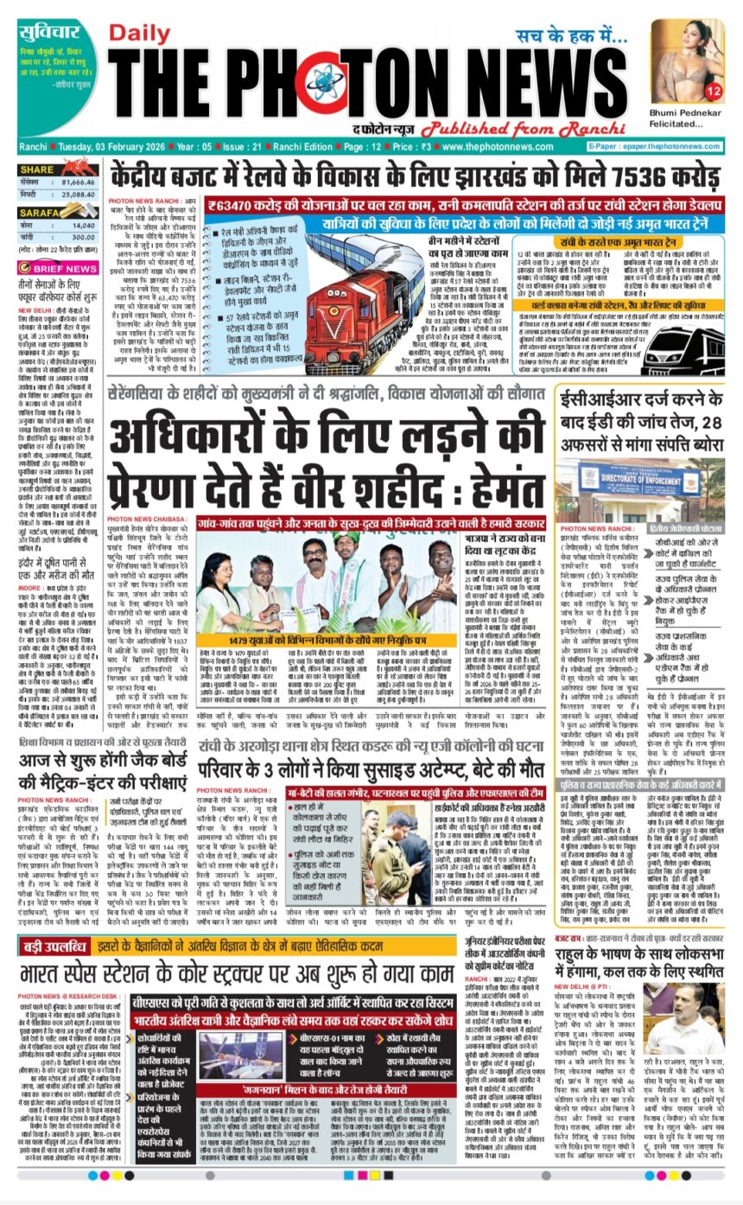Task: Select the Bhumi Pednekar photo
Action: (x=688, y=61)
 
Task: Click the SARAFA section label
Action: (x=40, y=211)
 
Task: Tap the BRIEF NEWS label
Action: (x=66, y=269)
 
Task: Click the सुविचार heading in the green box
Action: (x=48, y=34)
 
